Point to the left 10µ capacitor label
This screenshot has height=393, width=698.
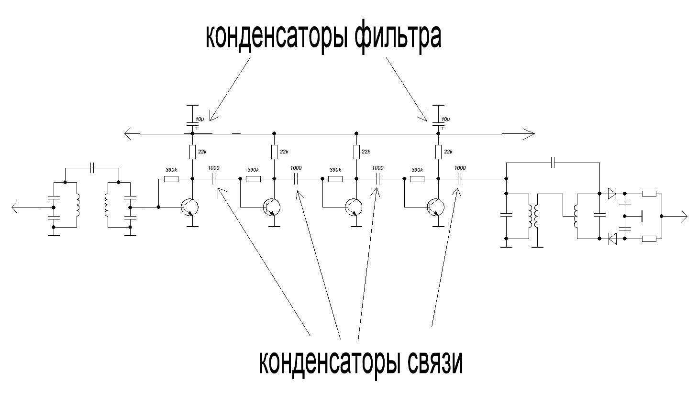coord(199,119)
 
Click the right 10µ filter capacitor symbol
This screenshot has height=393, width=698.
coord(437,123)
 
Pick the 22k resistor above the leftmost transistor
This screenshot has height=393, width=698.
coord(192,152)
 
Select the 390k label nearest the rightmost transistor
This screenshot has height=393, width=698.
coord(417,170)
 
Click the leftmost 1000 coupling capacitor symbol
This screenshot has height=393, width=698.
coord(213,179)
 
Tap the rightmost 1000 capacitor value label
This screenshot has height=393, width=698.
coord(460,168)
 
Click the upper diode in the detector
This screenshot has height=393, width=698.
coord(611,194)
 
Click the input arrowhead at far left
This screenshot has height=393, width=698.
coord(16,207)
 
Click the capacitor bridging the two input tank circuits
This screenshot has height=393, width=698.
coord(92,168)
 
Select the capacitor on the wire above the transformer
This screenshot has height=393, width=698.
coord(553,163)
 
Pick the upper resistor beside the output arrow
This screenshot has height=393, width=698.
coord(649,194)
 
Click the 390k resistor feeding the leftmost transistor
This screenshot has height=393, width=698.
coord(171,179)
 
